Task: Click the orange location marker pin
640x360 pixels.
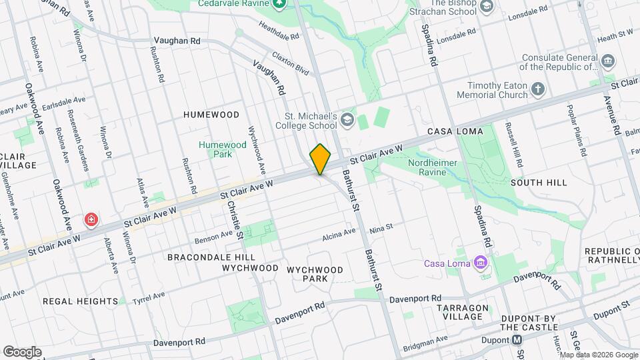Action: click(321, 159)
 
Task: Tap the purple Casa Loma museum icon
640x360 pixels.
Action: click(479, 263)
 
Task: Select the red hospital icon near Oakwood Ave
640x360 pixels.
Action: click(89, 219)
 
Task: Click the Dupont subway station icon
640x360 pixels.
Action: click(517, 340)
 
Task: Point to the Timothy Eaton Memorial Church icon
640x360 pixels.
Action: click(539, 89)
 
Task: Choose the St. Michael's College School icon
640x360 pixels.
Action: click(347, 119)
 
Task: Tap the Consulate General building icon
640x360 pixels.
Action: click(607, 61)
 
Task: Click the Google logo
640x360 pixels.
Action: click(22, 351)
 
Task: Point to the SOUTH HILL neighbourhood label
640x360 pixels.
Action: click(539, 182)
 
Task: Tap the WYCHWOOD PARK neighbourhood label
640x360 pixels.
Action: click(315, 274)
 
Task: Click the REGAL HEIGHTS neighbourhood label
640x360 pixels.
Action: click(81, 301)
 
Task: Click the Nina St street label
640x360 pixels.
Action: click(382, 229)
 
